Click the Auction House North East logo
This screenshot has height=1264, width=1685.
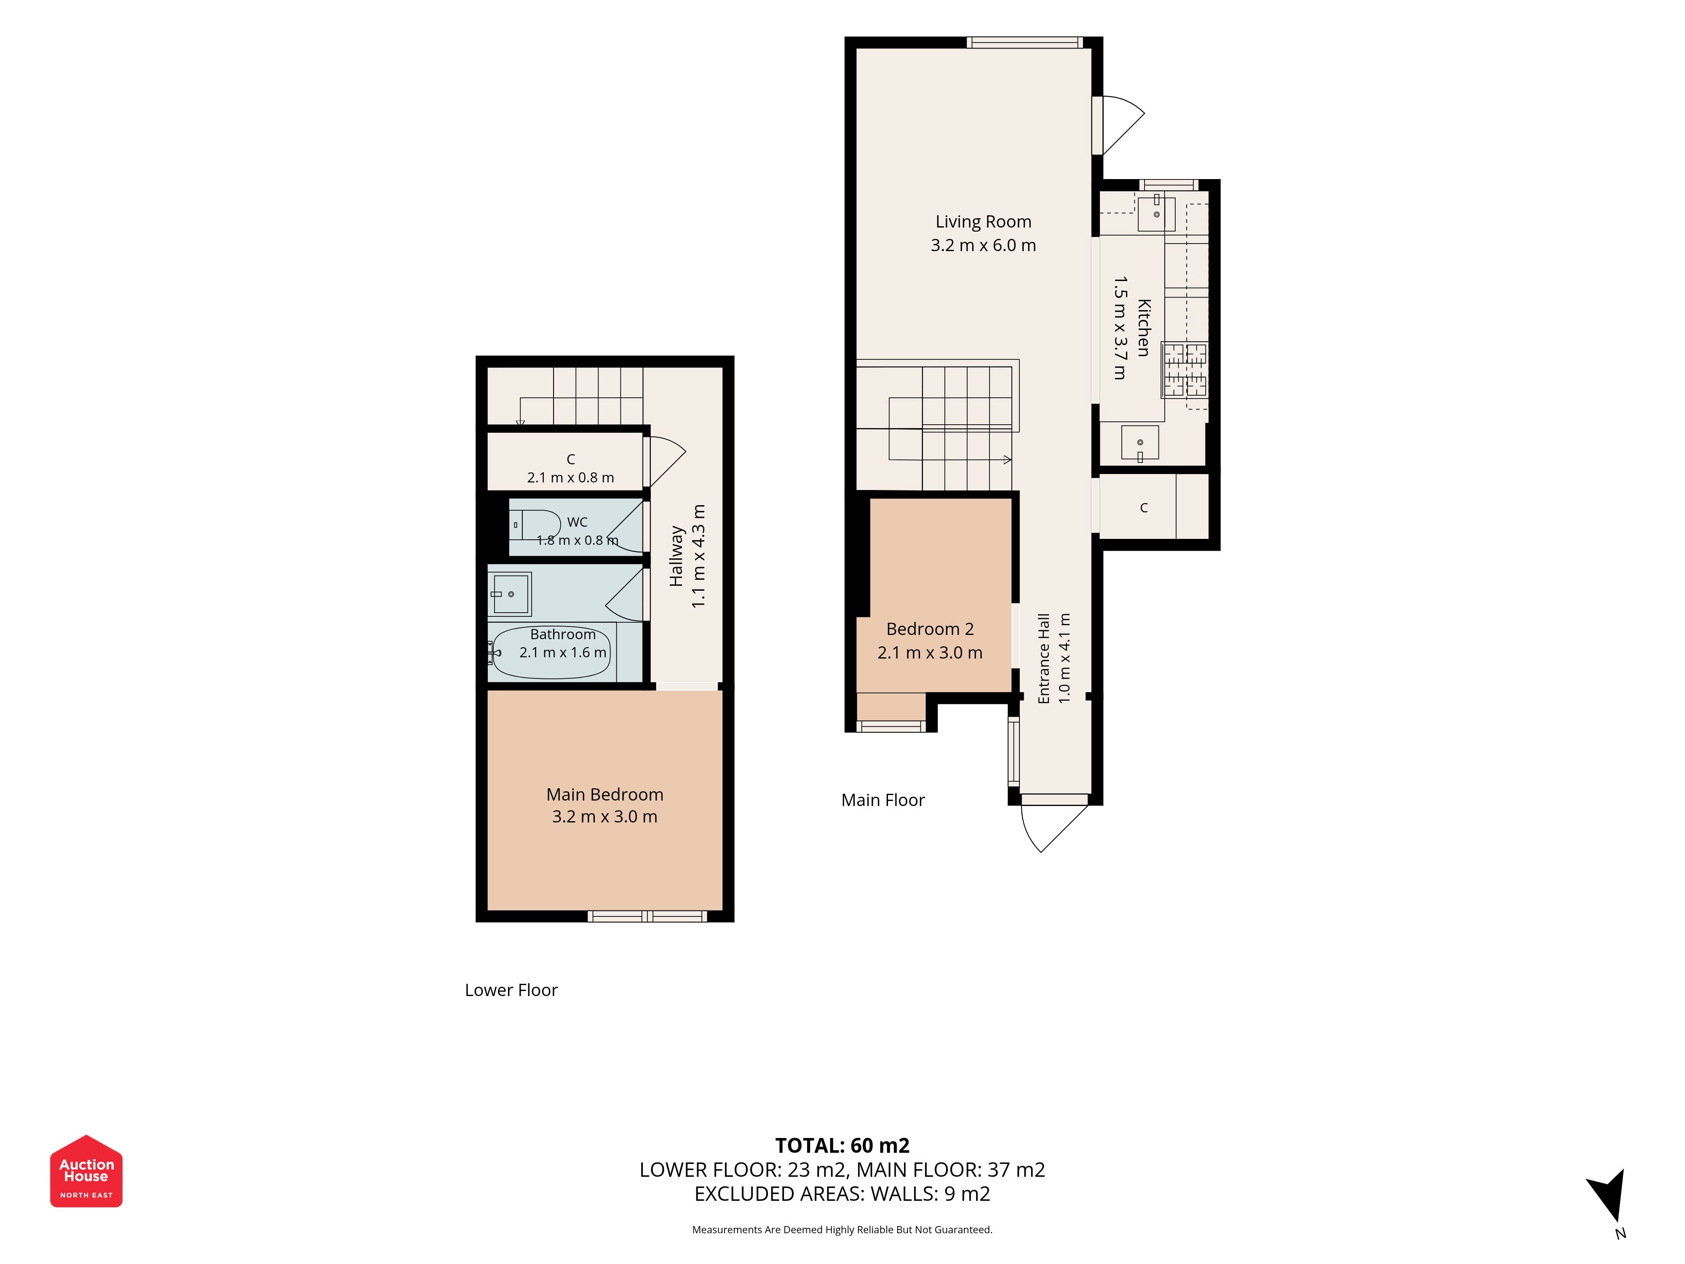tap(86, 1171)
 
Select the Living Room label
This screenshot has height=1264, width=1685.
tap(984, 222)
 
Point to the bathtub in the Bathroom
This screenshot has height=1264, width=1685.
tap(551, 652)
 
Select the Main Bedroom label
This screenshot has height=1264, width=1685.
tap(605, 795)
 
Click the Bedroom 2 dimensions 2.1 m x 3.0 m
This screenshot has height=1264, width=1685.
tap(930, 653)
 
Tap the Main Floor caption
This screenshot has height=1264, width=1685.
tap(883, 800)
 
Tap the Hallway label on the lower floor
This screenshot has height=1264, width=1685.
tap(677, 556)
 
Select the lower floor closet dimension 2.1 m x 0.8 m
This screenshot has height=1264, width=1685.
tap(570, 478)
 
